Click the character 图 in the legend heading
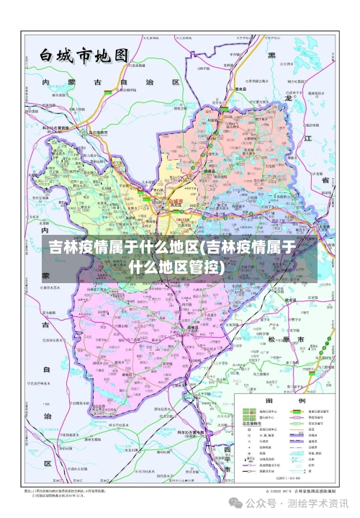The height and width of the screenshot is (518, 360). point(269,401)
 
